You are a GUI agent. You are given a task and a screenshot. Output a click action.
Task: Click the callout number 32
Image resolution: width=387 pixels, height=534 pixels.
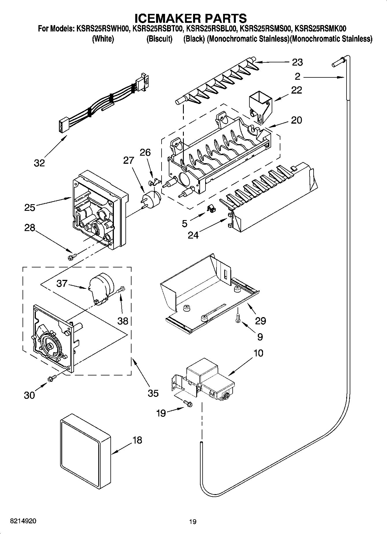(x=39, y=163)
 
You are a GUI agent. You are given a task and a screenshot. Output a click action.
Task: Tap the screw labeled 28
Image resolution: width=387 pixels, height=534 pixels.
(x=72, y=256)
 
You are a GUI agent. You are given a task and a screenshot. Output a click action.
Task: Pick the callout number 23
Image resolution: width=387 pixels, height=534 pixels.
(x=297, y=62)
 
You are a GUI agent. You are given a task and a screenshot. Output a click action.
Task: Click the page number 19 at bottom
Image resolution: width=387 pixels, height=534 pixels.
(x=193, y=522)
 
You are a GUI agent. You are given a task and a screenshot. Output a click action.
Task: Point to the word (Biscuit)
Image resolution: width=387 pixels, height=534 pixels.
(x=159, y=39)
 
